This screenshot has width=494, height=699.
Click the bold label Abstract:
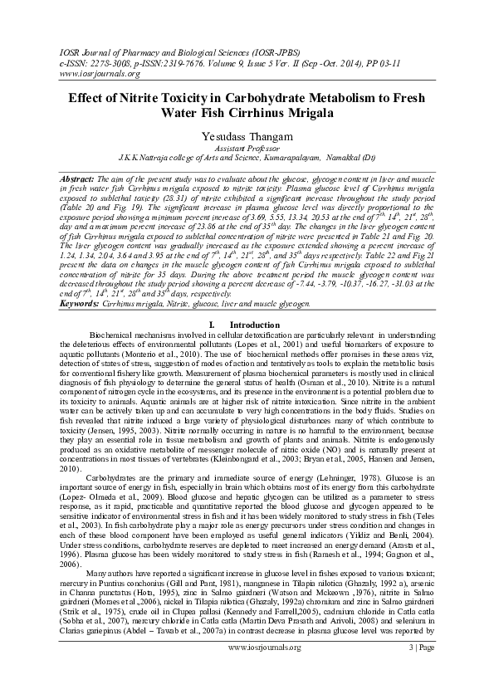(x=78, y=178)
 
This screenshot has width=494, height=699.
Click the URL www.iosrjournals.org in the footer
(x=247, y=670)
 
